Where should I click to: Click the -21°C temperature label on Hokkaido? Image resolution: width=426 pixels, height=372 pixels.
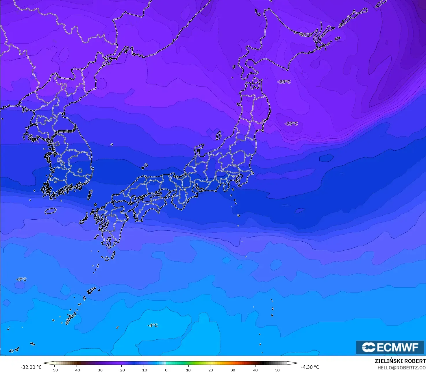306,35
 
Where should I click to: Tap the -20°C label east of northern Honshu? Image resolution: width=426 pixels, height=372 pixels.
284,82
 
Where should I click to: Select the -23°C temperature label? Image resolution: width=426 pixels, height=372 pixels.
291,124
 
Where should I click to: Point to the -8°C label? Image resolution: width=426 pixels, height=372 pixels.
21,280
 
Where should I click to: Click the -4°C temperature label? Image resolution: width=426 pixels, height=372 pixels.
153,325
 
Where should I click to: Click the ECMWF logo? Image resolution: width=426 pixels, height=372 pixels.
390,347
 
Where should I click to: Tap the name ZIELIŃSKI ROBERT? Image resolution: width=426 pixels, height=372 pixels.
400,361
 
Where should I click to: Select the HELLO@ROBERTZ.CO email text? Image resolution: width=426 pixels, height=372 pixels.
401,368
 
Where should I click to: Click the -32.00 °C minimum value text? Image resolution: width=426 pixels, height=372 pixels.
31,367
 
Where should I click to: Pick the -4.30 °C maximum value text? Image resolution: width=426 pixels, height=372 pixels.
310,367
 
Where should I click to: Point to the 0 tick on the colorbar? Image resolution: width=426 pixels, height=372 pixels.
166,370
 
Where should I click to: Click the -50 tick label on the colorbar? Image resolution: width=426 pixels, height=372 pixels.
54,370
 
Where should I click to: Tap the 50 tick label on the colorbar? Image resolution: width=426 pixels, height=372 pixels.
277,370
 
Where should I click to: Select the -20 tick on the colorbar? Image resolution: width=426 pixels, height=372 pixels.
121,370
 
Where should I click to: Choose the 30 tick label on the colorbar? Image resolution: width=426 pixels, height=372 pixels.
233,370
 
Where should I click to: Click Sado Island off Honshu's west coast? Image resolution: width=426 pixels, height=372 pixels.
218,135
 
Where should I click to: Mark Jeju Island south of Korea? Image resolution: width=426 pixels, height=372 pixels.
50,211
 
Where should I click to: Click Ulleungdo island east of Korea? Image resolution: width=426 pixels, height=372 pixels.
112,145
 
